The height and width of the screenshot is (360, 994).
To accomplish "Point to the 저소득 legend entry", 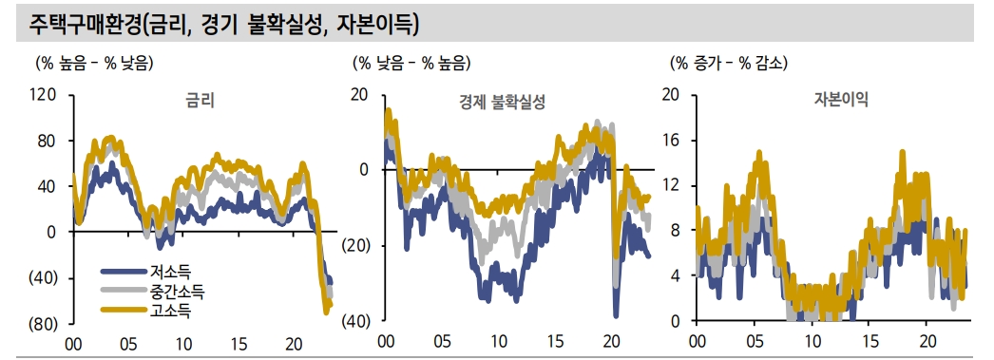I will [x=170, y=272].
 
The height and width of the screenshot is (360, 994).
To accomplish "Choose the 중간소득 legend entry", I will [x=177, y=290].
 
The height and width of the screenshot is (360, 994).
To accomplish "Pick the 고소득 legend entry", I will [x=170, y=308].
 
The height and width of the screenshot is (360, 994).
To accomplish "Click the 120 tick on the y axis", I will [x=44, y=95].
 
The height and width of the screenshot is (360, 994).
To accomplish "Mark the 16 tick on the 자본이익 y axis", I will [x=673, y=140].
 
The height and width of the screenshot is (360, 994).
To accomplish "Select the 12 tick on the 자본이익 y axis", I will [x=673, y=185].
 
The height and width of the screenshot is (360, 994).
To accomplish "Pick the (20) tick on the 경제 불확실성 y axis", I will [x=357, y=245].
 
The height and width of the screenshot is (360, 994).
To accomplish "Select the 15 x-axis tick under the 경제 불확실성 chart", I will [x=555, y=342].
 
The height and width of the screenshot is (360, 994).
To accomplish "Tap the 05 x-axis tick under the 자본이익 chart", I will [x=755, y=342].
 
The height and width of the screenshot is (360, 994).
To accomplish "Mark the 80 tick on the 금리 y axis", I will [x=48, y=141].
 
